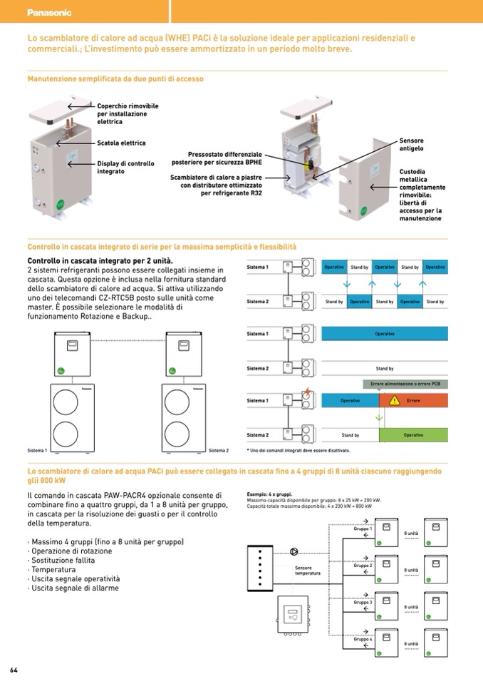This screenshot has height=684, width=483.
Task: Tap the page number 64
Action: [14, 670]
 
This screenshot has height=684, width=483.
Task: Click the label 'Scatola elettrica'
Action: [121, 143]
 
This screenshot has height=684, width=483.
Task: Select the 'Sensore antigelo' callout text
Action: [411, 145]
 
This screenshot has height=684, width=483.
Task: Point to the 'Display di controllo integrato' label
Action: [125, 168]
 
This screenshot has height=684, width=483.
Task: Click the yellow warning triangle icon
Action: [393, 401]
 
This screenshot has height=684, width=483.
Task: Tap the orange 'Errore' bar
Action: [413, 401]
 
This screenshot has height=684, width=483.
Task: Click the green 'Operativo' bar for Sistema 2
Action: [413, 434]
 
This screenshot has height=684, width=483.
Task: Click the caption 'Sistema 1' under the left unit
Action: [37, 451]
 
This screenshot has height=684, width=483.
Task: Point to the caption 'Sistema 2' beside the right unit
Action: [219, 451]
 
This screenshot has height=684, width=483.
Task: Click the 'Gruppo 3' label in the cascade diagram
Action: [363, 603]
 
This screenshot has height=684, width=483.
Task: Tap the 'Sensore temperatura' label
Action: [308, 571]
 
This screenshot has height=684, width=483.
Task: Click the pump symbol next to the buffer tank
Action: [294, 551]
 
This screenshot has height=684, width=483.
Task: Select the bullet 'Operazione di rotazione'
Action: [75, 551]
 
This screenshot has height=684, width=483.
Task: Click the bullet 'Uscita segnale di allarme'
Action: [73, 588]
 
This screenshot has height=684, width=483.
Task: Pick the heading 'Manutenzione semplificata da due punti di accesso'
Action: [115, 79]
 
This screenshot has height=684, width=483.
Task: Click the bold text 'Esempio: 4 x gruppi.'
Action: [269, 494]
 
